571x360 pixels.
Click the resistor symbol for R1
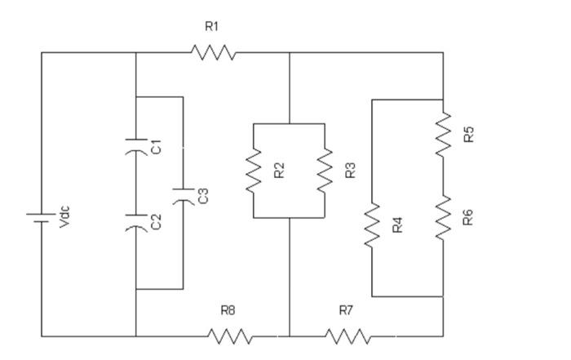[x=214, y=53]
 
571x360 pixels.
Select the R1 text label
[x=212, y=27]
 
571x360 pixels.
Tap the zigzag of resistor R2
[x=255, y=171]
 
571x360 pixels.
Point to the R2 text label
[x=279, y=171]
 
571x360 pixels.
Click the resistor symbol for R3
[x=325, y=171]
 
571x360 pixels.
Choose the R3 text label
[x=350, y=171]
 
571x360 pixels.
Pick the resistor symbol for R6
[x=444, y=217]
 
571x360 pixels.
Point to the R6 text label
[x=468, y=217]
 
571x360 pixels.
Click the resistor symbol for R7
[x=347, y=336]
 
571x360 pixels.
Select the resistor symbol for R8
[x=230, y=336]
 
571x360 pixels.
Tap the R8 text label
[x=228, y=310]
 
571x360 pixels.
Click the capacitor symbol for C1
[x=135, y=147]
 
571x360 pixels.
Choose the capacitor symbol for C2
[x=135, y=222]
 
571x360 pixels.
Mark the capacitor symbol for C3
[x=183, y=195]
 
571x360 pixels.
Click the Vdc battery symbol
[x=42, y=217]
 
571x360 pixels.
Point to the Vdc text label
[x=65, y=217]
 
